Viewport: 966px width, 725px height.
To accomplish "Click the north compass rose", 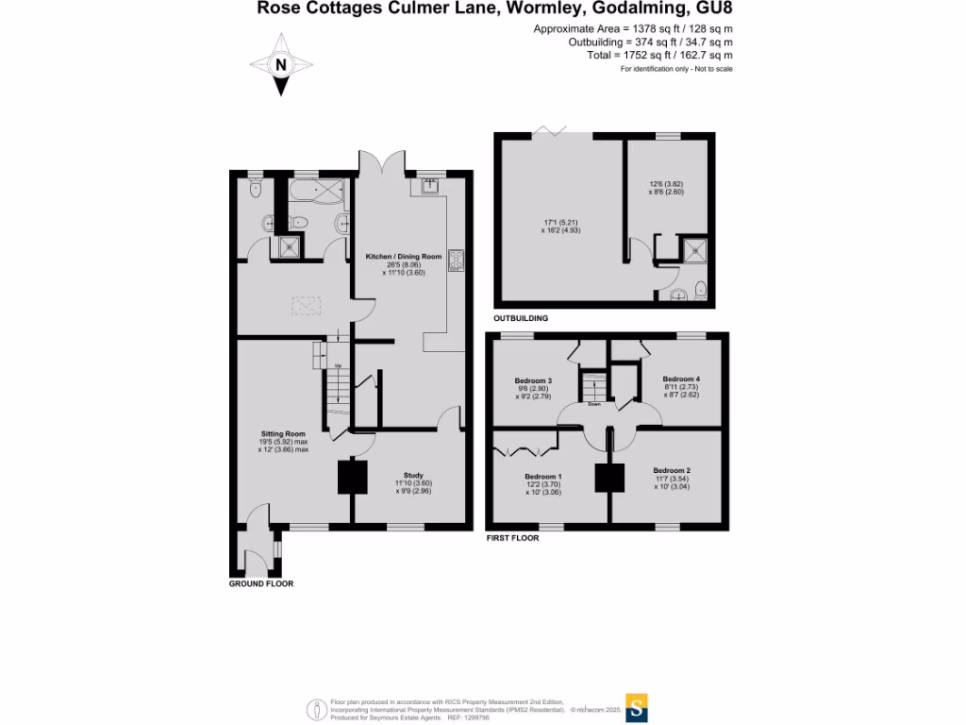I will point(280,64).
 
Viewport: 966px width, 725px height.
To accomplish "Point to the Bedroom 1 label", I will point(543,477).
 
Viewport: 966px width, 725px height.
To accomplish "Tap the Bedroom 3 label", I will point(536,380).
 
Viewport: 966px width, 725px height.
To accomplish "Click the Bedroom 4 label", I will point(681,379).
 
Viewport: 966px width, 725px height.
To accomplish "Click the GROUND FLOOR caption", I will point(261,583).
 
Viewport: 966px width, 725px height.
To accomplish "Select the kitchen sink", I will point(429,186).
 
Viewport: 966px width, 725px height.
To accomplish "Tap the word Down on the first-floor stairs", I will point(594,404).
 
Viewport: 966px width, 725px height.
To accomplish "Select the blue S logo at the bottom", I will point(638,708).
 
